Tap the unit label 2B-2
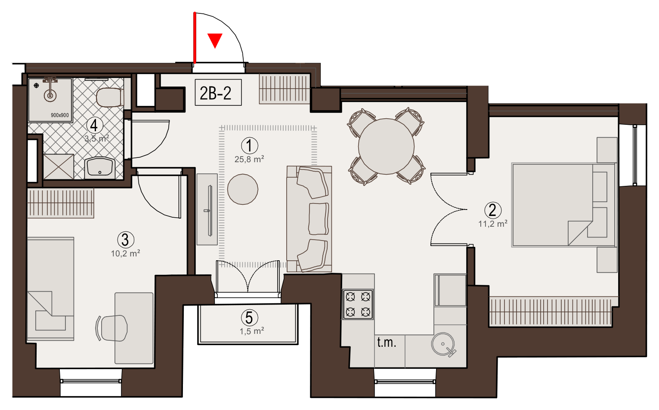215,93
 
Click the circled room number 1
250,145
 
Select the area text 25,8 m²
249,159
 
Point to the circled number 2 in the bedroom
493,210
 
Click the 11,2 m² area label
493,224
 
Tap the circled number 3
126,240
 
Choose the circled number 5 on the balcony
250,318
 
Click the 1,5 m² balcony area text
251,331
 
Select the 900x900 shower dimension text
60,115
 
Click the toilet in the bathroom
110,97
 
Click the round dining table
386,146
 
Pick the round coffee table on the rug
243,189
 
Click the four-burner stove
358,304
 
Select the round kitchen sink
443,344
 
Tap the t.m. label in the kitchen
387,342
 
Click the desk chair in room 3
112,328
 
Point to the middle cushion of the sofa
319,219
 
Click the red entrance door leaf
195,38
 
